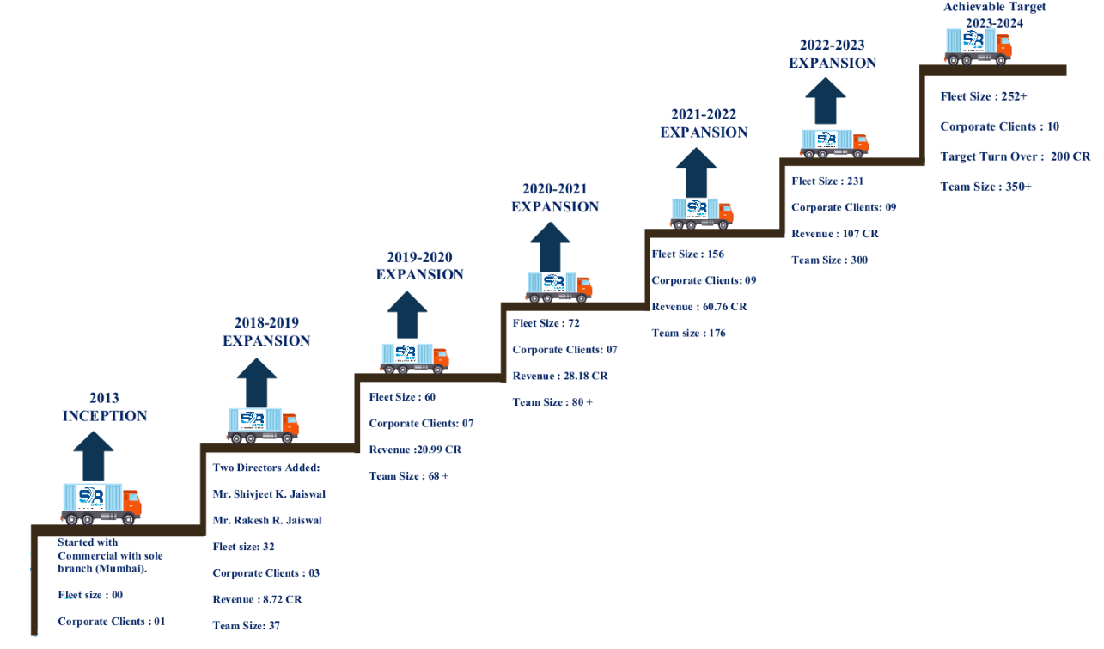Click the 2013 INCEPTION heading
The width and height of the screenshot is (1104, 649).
coord(105,407)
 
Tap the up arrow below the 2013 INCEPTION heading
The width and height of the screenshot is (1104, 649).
coord(93,456)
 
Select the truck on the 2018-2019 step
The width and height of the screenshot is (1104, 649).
coord(263,426)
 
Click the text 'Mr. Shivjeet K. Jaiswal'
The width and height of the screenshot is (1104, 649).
coord(269,494)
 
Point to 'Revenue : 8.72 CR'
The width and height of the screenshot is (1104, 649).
coord(257,599)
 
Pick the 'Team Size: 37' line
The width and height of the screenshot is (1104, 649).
coord(247,626)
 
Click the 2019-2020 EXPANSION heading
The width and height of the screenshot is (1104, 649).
coord(419,266)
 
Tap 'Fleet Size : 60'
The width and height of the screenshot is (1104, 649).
coord(402,397)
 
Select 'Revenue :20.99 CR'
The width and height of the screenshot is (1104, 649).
coord(415,450)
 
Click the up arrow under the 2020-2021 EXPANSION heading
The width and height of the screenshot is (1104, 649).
coord(550,247)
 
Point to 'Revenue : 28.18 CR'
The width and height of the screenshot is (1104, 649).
coord(560,376)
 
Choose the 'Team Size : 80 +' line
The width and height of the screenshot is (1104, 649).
coord(552,402)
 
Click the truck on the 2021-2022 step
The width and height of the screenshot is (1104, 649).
coord(702,213)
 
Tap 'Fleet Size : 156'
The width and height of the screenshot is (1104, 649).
coord(688,254)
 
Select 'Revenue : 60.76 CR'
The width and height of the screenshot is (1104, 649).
coord(699,307)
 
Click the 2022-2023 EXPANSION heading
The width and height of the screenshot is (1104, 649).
coord(833,54)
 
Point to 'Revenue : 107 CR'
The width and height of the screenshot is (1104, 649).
coord(835,234)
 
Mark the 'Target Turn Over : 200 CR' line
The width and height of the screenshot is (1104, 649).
coord(1016,156)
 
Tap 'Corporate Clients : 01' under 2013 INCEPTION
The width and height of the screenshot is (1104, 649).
coord(112,621)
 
